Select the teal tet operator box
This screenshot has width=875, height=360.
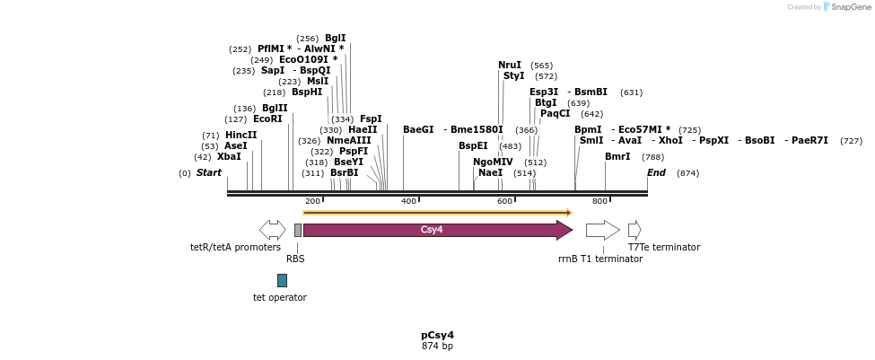(282, 280)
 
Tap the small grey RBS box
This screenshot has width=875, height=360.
(298, 230)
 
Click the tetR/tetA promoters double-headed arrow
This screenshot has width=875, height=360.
(272, 230)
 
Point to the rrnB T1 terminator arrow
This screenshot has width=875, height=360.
(602, 230)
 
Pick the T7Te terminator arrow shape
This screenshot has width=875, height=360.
(634, 230)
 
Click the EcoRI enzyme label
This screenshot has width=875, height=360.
(267, 119)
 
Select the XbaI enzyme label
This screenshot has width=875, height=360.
(229, 157)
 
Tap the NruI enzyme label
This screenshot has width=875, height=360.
(510, 66)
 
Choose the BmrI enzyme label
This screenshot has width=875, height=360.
(617, 157)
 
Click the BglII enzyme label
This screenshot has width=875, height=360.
(275, 109)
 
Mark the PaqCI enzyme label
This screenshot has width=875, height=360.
(555, 114)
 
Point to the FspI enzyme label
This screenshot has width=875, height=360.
(371, 119)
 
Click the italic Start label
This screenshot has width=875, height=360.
(208, 173)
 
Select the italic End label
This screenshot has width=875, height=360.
(656, 173)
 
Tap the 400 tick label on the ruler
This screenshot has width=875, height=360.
(408, 201)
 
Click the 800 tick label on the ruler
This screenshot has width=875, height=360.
(599, 201)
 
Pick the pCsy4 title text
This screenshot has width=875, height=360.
(437, 335)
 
